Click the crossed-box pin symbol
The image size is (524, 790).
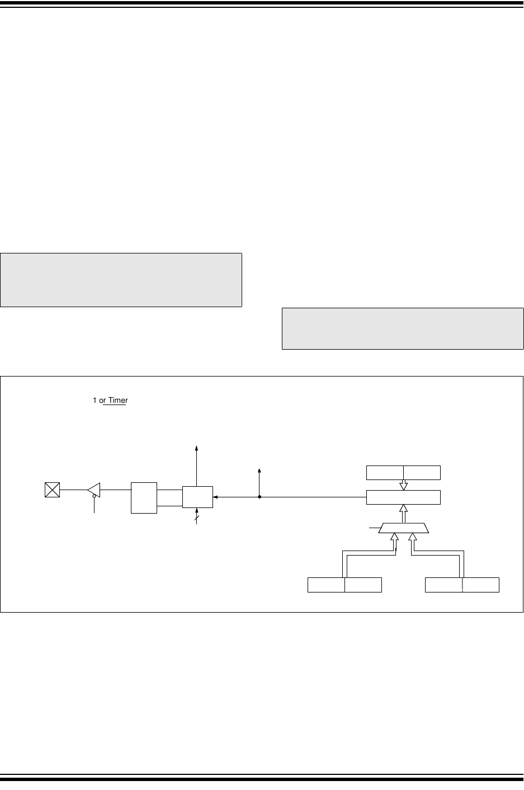[x=52, y=491]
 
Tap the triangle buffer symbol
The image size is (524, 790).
[x=94, y=490]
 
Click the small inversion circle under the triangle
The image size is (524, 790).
[x=94, y=496]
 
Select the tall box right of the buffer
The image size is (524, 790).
[x=144, y=497]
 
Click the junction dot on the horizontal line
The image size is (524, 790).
[x=259, y=497]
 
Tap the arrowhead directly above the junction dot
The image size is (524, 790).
[x=259, y=470]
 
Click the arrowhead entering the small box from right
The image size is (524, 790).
[x=216, y=497]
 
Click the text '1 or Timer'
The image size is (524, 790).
[x=110, y=400]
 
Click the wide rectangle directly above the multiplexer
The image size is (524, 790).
[x=403, y=497]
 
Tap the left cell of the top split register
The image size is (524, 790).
[x=385, y=472]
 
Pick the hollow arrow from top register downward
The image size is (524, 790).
[x=403, y=485]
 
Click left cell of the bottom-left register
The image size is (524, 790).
[x=326, y=585]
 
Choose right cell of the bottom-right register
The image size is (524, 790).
[x=481, y=585]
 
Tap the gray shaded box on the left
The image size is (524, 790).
[x=121, y=280]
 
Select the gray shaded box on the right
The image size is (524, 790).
[x=403, y=328]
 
